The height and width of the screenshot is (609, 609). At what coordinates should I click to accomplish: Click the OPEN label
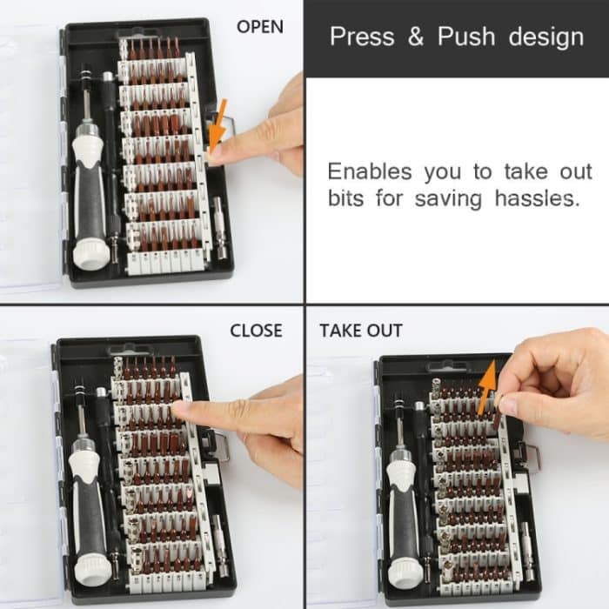pyautogui.click(x=260, y=27)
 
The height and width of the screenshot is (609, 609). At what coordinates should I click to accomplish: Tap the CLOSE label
pyautogui.click(x=256, y=331)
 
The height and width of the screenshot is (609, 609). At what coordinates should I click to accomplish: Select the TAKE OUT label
pyautogui.click(x=360, y=331)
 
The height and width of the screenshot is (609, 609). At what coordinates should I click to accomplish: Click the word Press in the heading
pyautogui.click(x=363, y=37)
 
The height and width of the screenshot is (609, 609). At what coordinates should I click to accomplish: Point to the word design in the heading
pyautogui.click(x=546, y=37)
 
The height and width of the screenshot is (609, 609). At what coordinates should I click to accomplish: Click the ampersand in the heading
pyautogui.click(x=417, y=37)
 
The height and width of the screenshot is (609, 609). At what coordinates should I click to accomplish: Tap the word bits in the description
pyautogui.click(x=347, y=198)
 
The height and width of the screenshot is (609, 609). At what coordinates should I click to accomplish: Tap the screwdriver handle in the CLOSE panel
pyautogui.click(x=89, y=513)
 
